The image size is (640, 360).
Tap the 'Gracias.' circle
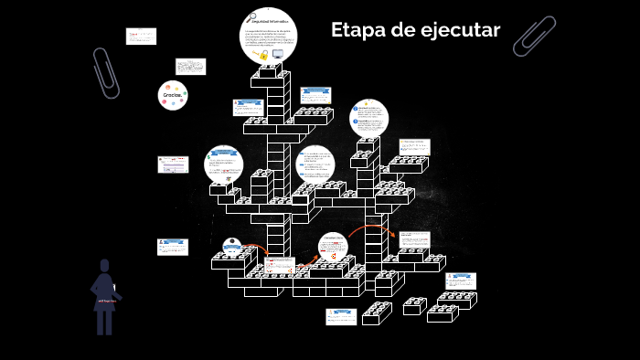[x=173, y=96]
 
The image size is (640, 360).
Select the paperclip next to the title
[x=535, y=36]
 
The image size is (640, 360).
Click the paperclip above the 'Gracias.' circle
[x=105, y=72]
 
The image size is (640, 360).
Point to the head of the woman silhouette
[x=105, y=266]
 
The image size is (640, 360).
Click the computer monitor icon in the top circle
[x=277, y=54]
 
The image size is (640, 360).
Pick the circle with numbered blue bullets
[x=368, y=119]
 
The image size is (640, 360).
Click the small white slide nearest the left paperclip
[x=141, y=36]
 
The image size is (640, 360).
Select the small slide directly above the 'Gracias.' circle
[x=190, y=67]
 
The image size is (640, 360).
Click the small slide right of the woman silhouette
[x=172, y=247]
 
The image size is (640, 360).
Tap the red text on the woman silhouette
[x=105, y=300]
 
